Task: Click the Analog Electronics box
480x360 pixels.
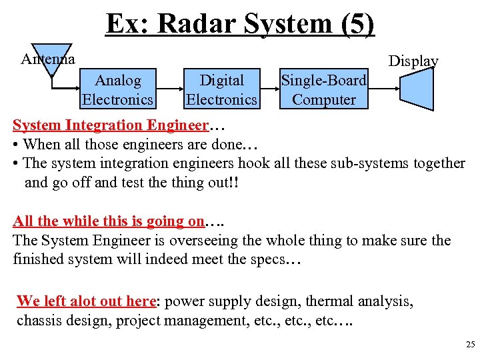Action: pyautogui.click(x=117, y=90)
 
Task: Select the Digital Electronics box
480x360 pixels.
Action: pyautogui.click(x=221, y=90)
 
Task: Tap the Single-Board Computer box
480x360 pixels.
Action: pyautogui.click(x=324, y=90)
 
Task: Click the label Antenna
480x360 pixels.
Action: pyautogui.click(x=47, y=59)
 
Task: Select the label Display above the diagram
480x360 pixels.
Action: pyautogui.click(x=413, y=61)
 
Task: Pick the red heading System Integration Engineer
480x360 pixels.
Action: pyautogui.click(x=111, y=125)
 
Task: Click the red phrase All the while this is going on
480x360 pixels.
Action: pyautogui.click(x=109, y=221)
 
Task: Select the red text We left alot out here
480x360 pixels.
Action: pyautogui.click(x=85, y=301)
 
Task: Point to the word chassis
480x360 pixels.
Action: pyautogui.click(x=39, y=321)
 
